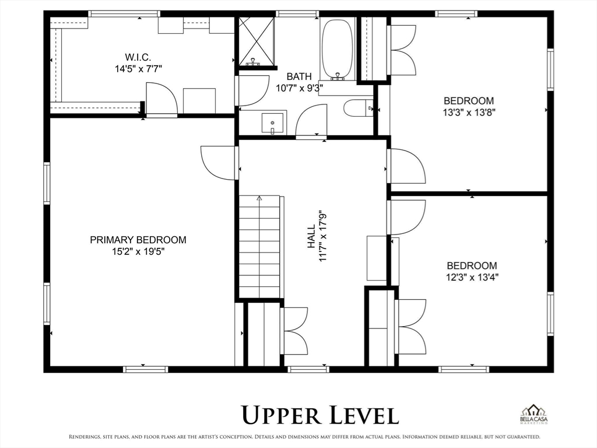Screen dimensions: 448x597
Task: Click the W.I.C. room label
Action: (138, 57)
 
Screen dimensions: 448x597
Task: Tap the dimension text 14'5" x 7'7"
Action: (138, 68)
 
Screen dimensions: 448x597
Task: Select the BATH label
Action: (298, 76)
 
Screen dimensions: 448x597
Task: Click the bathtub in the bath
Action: (337, 49)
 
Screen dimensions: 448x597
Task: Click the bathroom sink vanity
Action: (272, 123)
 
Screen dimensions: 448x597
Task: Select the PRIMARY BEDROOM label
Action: (138, 240)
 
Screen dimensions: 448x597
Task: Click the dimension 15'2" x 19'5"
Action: (138, 251)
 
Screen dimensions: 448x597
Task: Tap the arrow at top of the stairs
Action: (259, 198)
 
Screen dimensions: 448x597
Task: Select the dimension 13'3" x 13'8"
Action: (469, 112)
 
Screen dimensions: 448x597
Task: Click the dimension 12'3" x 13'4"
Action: (472, 277)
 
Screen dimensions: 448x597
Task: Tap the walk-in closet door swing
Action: (161, 99)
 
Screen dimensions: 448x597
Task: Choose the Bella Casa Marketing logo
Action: (534, 416)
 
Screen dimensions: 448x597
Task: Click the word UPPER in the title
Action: (282, 415)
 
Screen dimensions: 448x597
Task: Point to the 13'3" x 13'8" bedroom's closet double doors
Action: (403, 50)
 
